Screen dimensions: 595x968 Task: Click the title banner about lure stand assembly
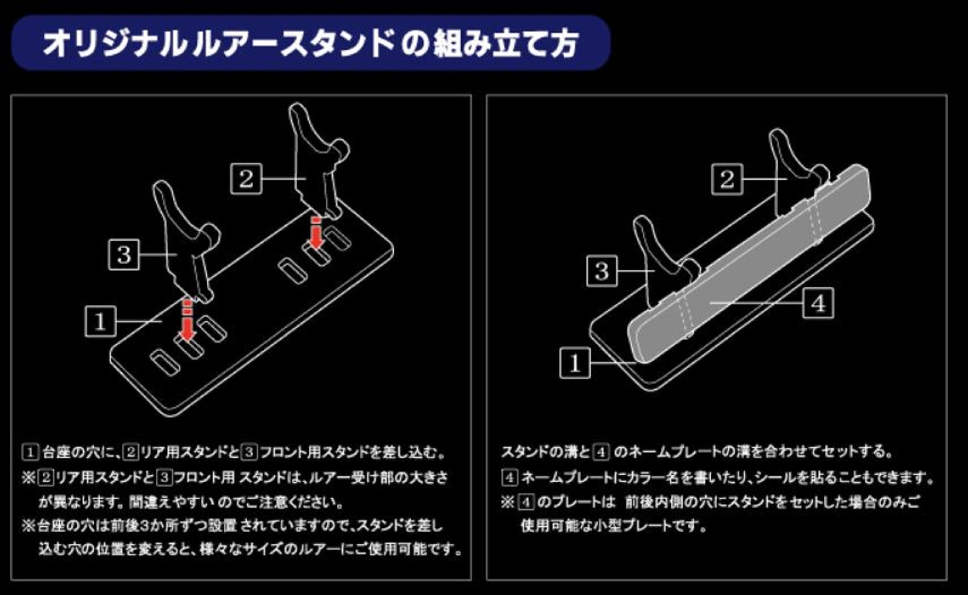pyautogui.click(x=310, y=43)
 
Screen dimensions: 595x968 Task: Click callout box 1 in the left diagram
pyautogui.click(x=100, y=321)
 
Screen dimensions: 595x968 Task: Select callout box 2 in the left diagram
pyautogui.click(x=246, y=179)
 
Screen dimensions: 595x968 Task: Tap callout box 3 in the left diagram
pyautogui.click(x=124, y=254)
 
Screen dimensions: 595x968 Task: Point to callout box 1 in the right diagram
pyautogui.click(x=575, y=363)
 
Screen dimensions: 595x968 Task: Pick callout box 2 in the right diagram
pyautogui.click(x=726, y=179)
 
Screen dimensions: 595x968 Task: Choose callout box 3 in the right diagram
pyautogui.click(x=602, y=271)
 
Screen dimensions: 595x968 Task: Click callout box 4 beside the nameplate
pyautogui.click(x=818, y=303)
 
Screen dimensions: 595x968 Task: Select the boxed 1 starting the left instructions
pyautogui.click(x=30, y=453)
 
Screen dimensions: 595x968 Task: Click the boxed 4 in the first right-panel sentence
pyautogui.click(x=601, y=453)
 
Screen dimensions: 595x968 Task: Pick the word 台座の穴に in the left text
pyautogui.click(x=80, y=453)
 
